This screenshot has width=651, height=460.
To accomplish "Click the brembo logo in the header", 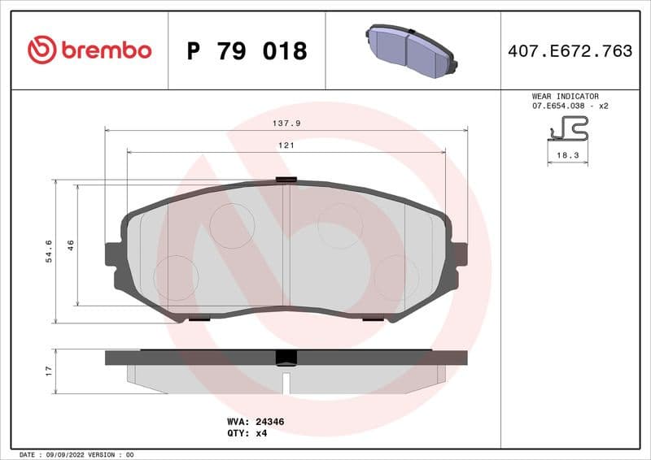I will [90, 50].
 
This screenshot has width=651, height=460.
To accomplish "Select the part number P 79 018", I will [247, 51].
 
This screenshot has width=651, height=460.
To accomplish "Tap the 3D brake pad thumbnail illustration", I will [412, 50].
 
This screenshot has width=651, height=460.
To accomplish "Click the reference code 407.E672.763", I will [570, 51].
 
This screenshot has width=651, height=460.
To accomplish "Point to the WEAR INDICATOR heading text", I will [565, 96].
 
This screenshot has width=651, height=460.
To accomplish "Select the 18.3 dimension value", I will [567, 154].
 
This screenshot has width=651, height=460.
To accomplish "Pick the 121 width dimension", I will [286, 145].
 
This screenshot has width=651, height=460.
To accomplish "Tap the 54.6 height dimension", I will [49, 250].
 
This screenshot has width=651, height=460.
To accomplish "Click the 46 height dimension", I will [71, 245].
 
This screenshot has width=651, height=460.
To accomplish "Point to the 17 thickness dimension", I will [49, 371].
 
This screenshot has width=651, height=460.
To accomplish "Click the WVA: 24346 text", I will [255, 422].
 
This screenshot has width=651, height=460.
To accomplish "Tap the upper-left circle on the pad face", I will [232, 225].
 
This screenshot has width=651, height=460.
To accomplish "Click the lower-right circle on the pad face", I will [396, 277].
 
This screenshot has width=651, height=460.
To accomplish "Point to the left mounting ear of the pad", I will [115, 254].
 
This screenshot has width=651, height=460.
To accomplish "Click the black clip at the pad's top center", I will [286, 180].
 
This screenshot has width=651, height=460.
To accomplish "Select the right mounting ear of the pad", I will [459, 254].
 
